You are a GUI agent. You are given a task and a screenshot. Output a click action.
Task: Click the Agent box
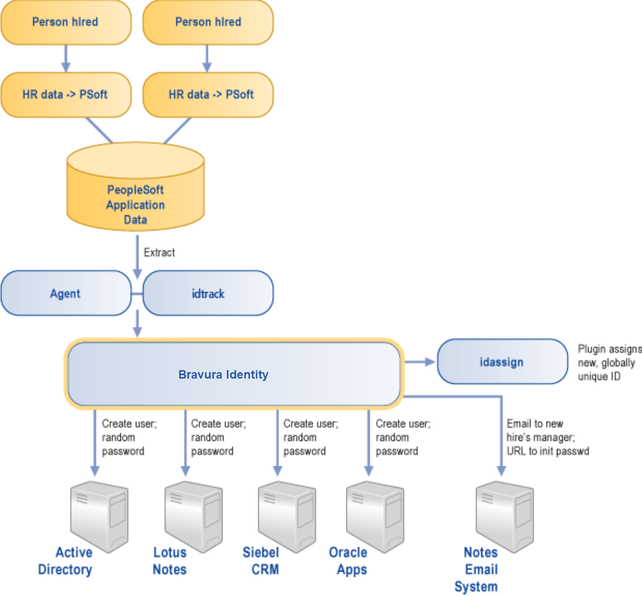pos(66,294)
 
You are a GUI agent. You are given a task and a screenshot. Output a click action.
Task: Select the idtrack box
pos(208,294)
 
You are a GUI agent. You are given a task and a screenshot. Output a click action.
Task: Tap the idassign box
pos(502,362)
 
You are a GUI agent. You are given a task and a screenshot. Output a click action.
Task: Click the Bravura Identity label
pos(223,375)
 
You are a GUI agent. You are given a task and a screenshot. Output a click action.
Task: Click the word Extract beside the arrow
pos(159,253)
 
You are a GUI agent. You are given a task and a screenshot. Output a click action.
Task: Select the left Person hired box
pos(66,22)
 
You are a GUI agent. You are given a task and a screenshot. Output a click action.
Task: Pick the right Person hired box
pos(208,22)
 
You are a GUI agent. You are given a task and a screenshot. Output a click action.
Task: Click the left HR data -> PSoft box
pos(66,95)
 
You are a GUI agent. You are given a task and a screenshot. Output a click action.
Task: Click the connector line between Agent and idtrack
pos(137,294)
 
